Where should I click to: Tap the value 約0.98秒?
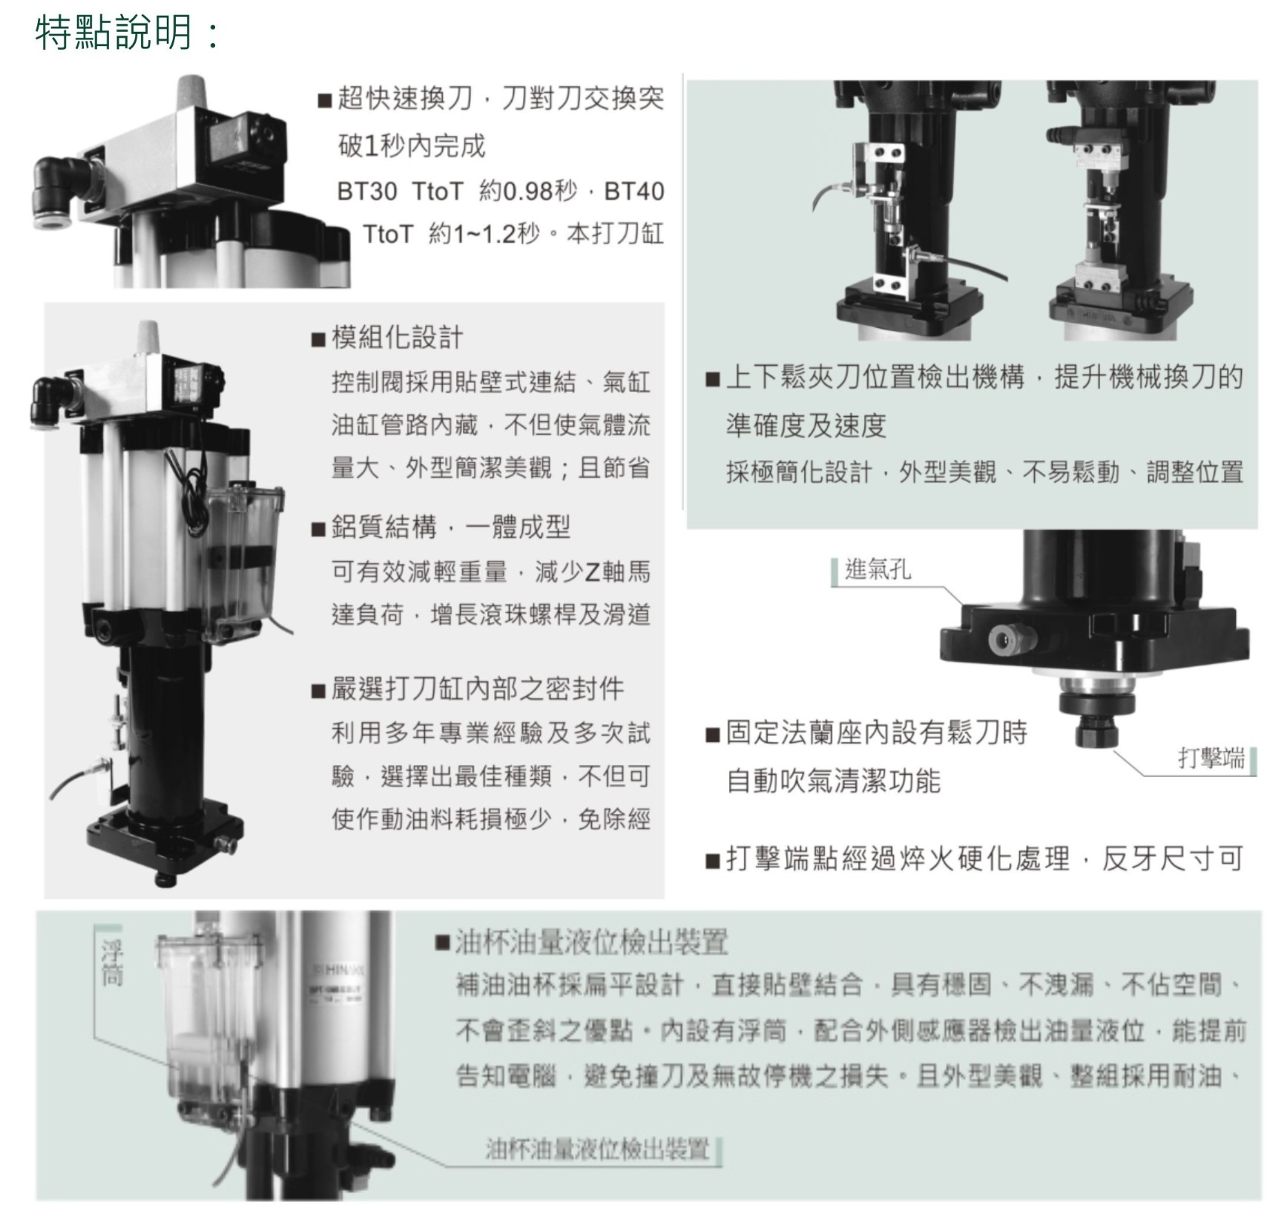[x=527, y=191]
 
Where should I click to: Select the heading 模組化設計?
[x=398, y=338]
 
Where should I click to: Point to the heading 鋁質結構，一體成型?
[x=451, y=528]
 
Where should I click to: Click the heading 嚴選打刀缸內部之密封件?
[x=478, y=689]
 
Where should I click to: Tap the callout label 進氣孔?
[x=878, y=570]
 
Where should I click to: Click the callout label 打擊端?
[x=1211, y=758]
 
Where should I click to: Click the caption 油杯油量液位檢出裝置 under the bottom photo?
[x=598, y=1149]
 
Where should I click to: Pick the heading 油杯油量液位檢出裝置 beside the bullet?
[x=591, y=942]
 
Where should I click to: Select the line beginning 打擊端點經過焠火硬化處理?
[x=984, y=858]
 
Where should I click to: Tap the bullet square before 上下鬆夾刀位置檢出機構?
[x=713, y=380]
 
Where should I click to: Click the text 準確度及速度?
[x=806, y=426]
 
